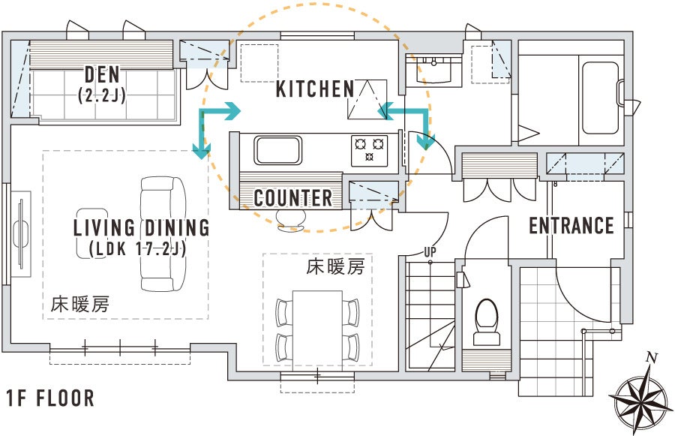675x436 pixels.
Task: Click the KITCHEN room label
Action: pyautogui.click(x=315, y=89)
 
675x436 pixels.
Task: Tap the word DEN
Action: pyautogui.click(x=102, y=74)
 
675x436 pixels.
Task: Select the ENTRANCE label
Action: pyautogui.click(x=571, y=226)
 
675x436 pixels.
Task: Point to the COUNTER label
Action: pyautogui.click(x=293, y=198)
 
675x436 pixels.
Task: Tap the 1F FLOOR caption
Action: pyautogui.click(x=50, y=398)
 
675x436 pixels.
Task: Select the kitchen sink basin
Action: pyautogui.click(x=277, y=150)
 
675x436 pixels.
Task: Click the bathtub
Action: pyautogui.click(x=601, y=98)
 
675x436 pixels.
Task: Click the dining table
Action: pyautogui.click(x=317, y=330)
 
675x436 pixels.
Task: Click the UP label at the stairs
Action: pyautogui.click(x=430, y=252)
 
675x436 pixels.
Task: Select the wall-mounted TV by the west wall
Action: pyautogui.click(x=22, y=234)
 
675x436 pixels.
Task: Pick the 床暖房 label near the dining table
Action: pyautogui.click(x=335, y=267)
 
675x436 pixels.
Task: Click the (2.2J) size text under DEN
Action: pyautogui.click(x=102, y=95)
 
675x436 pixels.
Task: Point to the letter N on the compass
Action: pyautogui.click(x=652, y=358)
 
